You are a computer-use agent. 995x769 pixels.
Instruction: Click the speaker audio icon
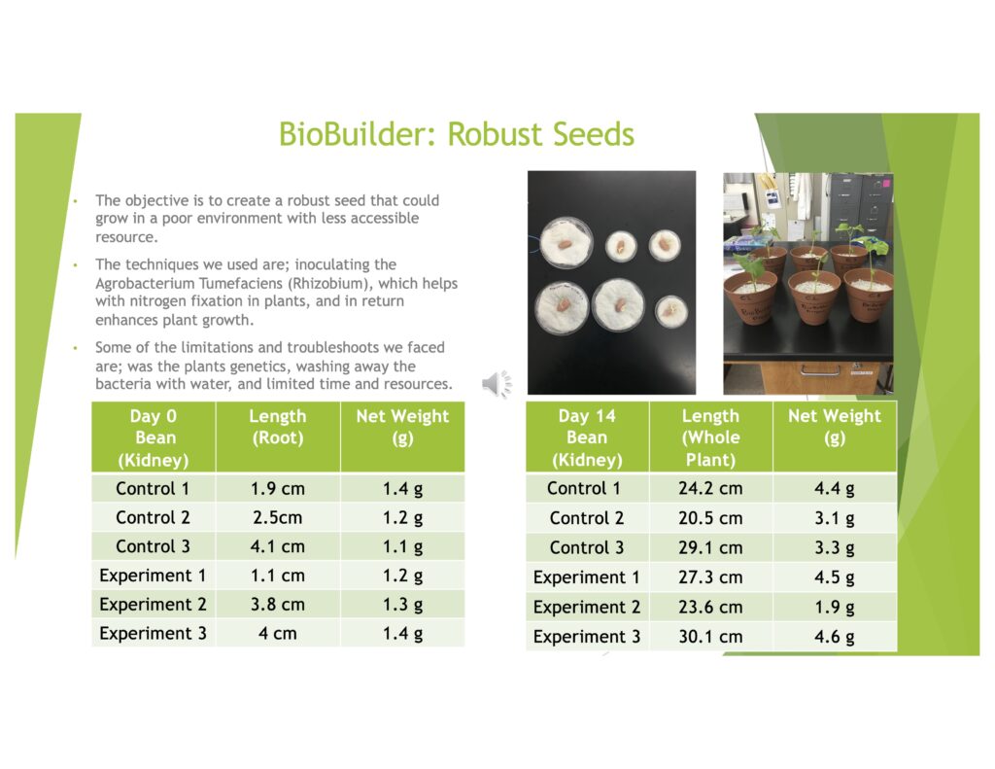(497, 384)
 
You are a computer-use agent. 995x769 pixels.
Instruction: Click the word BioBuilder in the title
(358, 134)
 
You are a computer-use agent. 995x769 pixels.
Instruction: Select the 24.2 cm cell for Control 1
(710, 488)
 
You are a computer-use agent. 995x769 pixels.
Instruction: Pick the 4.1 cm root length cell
(277, 546)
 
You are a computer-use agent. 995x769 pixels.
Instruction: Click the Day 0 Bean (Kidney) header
(154, 437)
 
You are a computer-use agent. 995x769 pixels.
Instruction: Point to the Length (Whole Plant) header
(710, 437)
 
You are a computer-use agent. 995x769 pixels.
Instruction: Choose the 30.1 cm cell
(710, 636)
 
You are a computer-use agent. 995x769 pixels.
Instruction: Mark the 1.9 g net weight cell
(835, 607)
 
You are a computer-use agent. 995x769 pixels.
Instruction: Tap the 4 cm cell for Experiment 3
(277, 634)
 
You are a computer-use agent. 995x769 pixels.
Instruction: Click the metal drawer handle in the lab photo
(820, 370)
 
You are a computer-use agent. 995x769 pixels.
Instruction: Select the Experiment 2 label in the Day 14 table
(586, 607)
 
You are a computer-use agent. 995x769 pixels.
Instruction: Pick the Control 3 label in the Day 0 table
(153, 546)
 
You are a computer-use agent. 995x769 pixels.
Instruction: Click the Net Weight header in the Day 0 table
(402, 427)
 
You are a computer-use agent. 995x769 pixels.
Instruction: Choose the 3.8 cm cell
(277, 605)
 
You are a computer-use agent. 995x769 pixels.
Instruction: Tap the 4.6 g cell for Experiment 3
(835, 636)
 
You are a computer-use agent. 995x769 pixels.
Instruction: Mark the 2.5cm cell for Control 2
(277, 517)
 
